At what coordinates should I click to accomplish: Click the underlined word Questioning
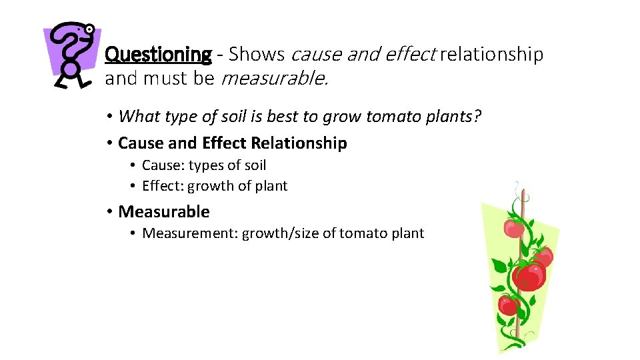[158, 55]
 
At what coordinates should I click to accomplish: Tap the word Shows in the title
[257, 55]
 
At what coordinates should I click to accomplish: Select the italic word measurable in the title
[273, 79]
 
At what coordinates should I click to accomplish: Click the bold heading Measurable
[163, 212]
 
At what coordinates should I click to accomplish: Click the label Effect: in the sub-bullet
[163, 186]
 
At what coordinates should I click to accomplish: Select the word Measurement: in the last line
[190, 233]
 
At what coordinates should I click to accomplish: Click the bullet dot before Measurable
[109, 212]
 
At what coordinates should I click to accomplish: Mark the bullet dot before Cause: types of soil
[133, 165]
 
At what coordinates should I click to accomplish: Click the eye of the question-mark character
[89, 29]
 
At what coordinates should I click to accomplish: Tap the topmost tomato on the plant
[513, 228]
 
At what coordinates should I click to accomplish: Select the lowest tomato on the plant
[509, 305]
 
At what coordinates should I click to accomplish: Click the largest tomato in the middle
[529, 275]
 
